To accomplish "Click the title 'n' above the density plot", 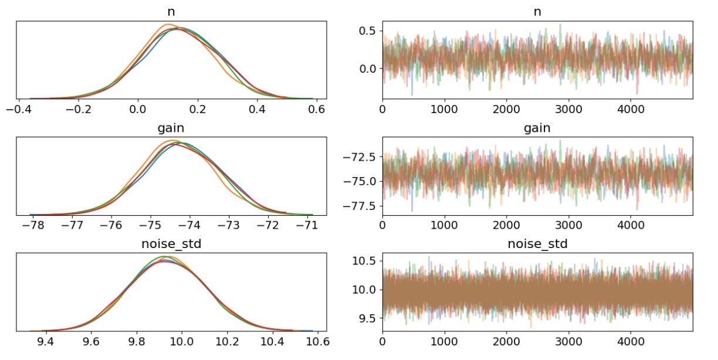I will [170, 10].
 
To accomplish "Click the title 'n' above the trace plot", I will [537, 10].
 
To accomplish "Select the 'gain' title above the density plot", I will [170, 127].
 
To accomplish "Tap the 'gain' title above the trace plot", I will [537, 127].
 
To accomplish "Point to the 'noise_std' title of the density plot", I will [170, 243].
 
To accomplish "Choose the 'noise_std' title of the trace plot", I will [537, 243].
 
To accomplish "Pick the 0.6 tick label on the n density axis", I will [317, 110].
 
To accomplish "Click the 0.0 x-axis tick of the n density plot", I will [138, 110].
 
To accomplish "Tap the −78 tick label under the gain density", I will [30, 226].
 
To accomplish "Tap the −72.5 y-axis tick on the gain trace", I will [360, 157].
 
